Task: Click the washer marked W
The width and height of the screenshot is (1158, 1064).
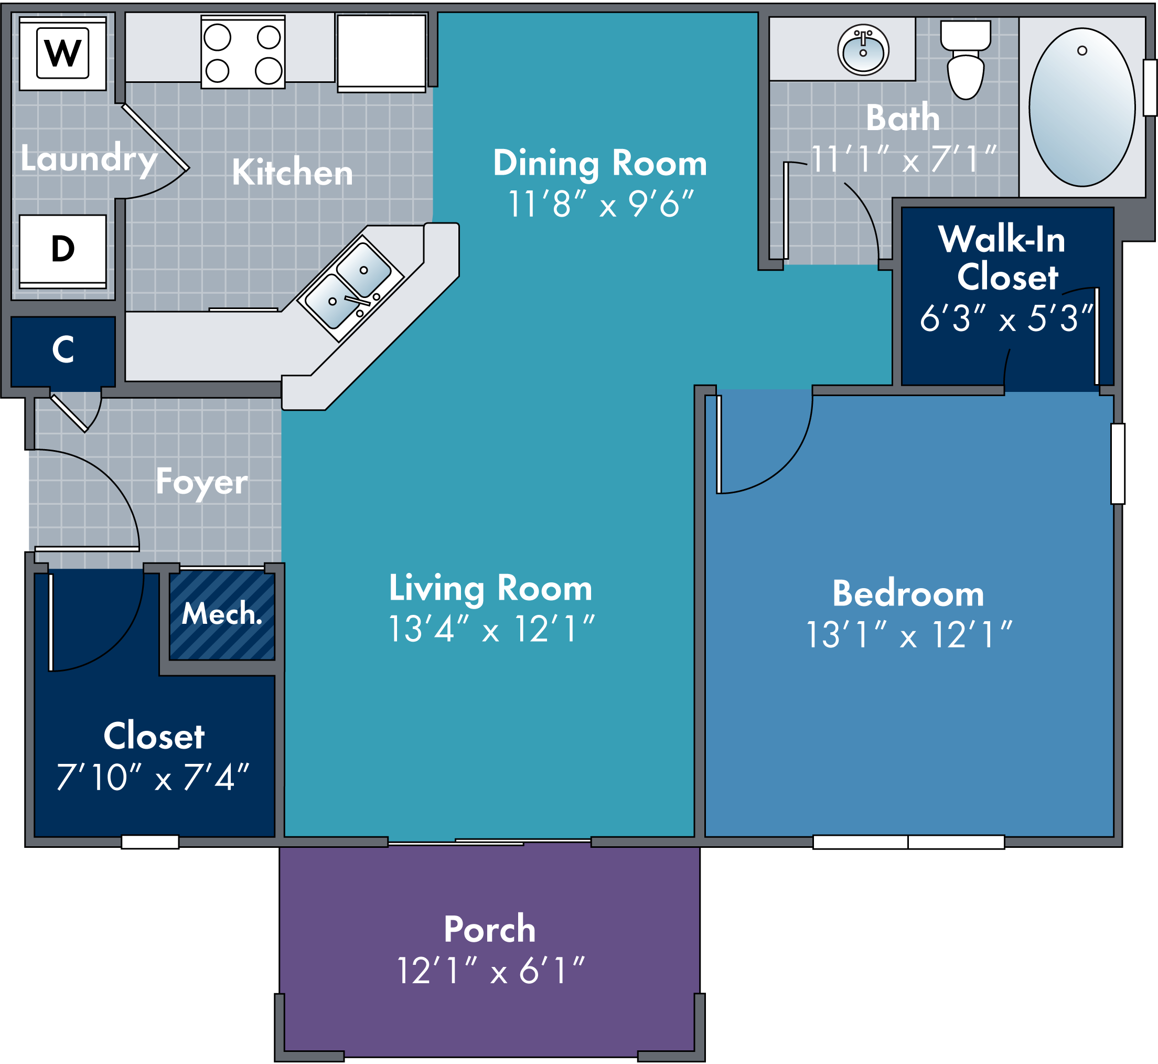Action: (63, 54)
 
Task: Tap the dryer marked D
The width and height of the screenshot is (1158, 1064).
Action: (63, 251)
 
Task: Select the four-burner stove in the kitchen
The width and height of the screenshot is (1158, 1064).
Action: (243, 52)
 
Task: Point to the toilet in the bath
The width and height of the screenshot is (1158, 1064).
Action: (965, 59)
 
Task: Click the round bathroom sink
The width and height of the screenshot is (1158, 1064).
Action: (863, 49)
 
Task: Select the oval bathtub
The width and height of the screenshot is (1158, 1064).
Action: (1082, 107)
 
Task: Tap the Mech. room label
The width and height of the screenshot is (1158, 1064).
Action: (222, 614)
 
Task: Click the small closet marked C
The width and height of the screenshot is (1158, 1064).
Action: (63, 351)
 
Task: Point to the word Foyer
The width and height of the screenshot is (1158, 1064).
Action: (202, 483)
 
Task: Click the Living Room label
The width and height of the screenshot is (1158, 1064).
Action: (490, 589)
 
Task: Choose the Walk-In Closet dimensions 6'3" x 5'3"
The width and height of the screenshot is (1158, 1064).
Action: (1006, 318)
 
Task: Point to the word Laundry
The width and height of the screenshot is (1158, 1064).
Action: (89, 159)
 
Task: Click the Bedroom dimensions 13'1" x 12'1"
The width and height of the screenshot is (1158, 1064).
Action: (909, 634)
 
